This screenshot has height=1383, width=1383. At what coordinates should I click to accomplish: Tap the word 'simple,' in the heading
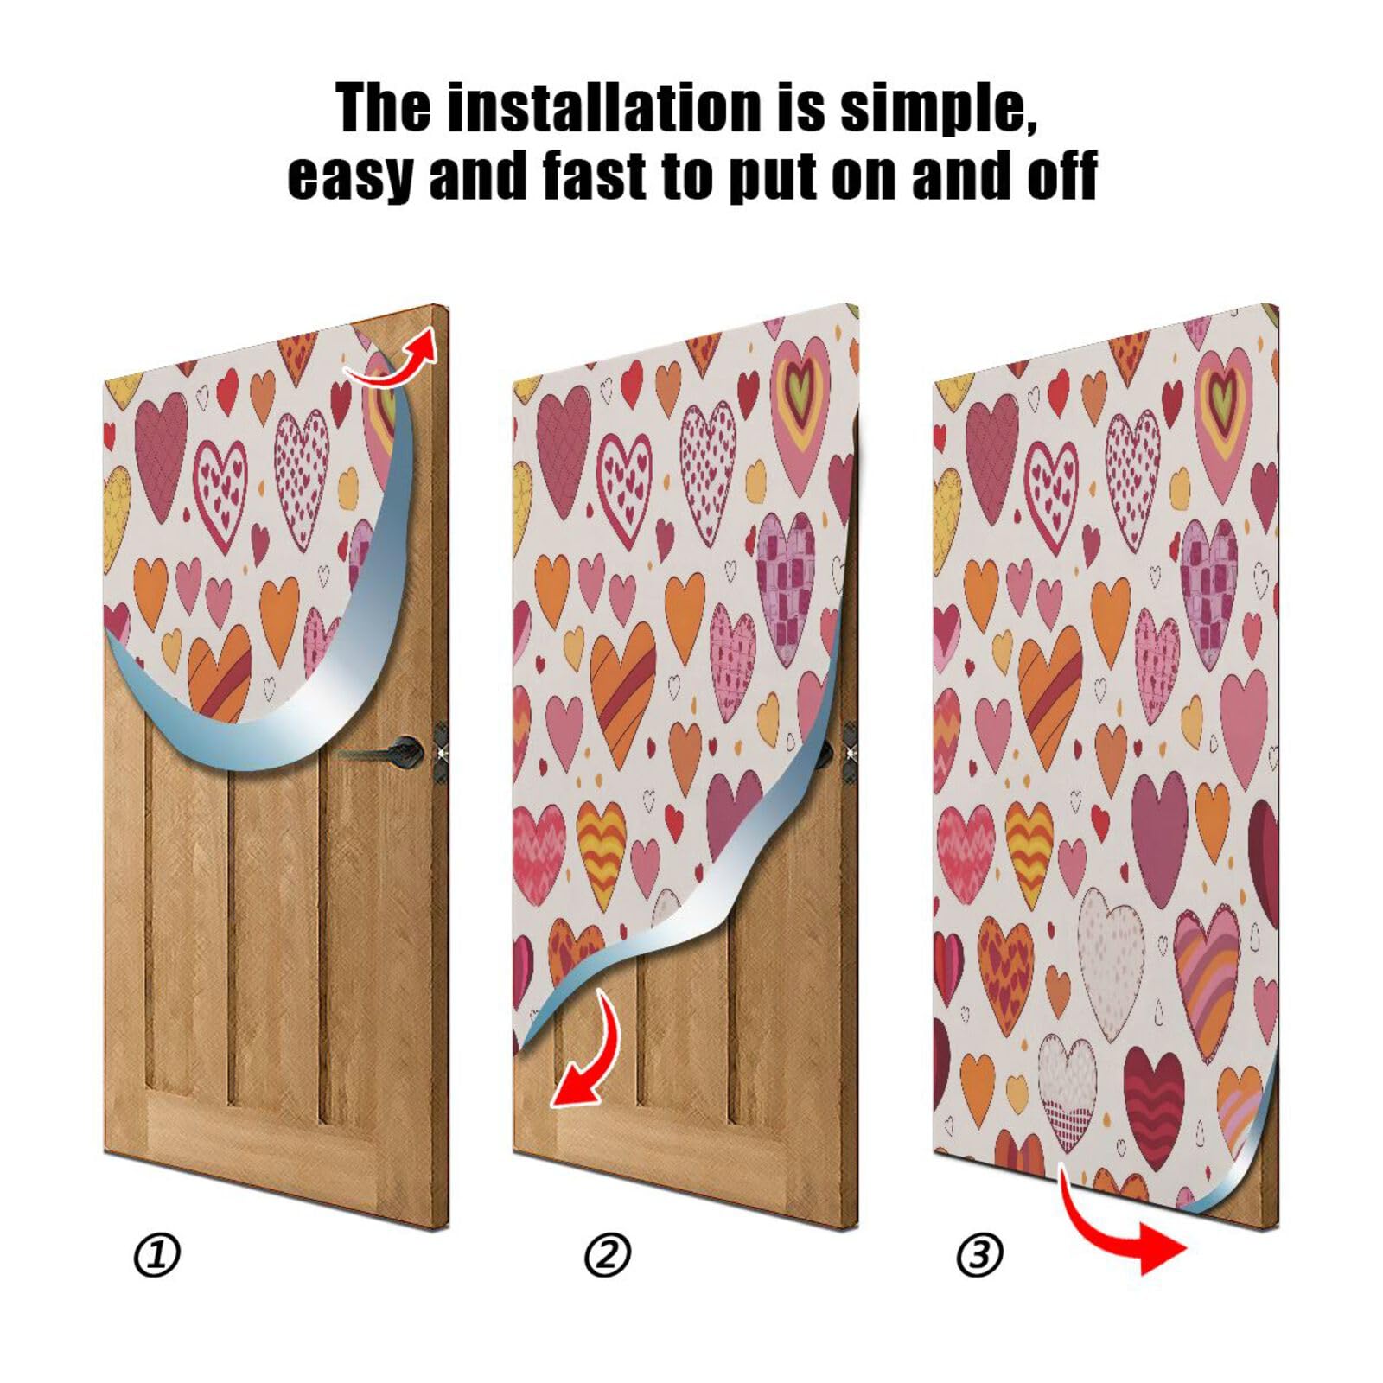point(938,108)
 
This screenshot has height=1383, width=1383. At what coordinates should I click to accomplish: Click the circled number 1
point(158,1254)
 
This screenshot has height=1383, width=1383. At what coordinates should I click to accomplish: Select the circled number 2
point(608,1254)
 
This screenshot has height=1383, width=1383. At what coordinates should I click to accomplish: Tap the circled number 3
point(979,1254)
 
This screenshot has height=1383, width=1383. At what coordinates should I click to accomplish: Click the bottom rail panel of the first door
point(259,1141)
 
